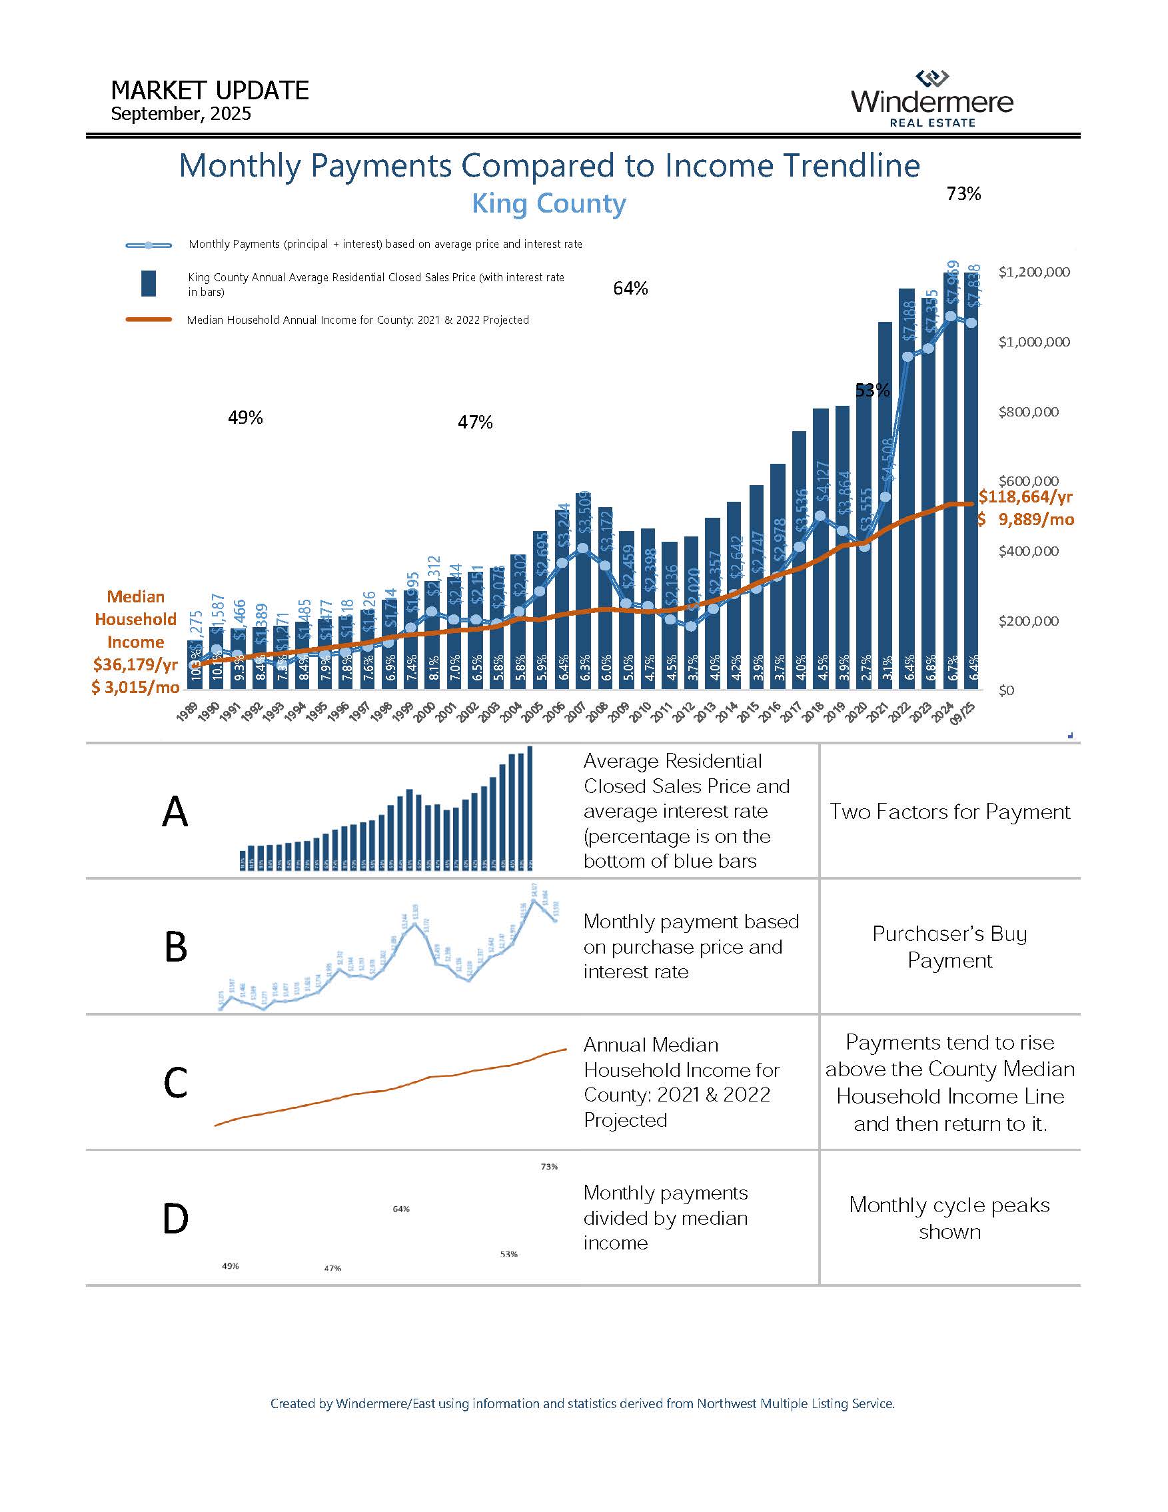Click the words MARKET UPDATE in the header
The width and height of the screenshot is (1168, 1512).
click(x=209, y=91)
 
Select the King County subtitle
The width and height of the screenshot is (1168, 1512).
click(x=548, y=203)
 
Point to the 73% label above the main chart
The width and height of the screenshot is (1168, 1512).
click(x=963, y=194)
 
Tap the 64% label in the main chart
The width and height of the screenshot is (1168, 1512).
click(x=630, y=289)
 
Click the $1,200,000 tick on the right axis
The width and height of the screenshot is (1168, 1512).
click(x=1033, y=272)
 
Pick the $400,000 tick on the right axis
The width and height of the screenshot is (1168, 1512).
click(x=1028, y=551)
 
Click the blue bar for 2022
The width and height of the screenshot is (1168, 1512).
click(x=907, y=484)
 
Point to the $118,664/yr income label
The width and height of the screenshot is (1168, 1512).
click(x=1025, y=496)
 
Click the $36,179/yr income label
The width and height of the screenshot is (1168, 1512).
click(x=136, y=664)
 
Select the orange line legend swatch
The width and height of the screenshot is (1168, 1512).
click(x=148, y=320)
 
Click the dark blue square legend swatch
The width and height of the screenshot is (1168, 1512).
click(x=148, y=284)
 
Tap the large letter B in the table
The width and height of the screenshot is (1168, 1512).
click(x=176, y=946)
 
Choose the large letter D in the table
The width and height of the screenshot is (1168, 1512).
click(x=175, y=1218)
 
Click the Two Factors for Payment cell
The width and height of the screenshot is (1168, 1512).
click(x=950, y=812)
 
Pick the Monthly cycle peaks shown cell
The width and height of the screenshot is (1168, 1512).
click(x=949, y=1217)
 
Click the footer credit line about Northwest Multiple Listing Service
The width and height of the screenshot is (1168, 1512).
click(x=582, y=1403)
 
